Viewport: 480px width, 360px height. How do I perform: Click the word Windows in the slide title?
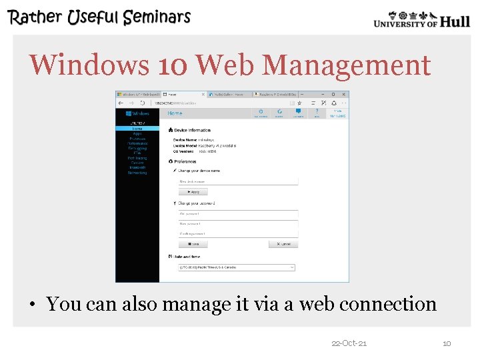[90, 65]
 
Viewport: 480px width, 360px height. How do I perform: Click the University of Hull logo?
[421, 19]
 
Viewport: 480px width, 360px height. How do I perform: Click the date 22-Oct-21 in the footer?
[349, 343]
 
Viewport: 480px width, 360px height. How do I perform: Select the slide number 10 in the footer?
[447, 343]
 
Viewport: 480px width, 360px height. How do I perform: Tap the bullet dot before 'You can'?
[32, 305]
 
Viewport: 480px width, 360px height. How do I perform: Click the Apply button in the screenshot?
[193, 191]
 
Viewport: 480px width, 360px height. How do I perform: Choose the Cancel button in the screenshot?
[283, 244]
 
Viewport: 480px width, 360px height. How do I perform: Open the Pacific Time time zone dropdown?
[236, 267]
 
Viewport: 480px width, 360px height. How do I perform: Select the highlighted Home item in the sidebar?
[137, 128]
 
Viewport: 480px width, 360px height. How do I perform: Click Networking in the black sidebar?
[137, 173]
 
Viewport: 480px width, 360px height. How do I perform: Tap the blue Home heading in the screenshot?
[175, 113]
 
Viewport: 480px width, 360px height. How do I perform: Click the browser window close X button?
[344, 95]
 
